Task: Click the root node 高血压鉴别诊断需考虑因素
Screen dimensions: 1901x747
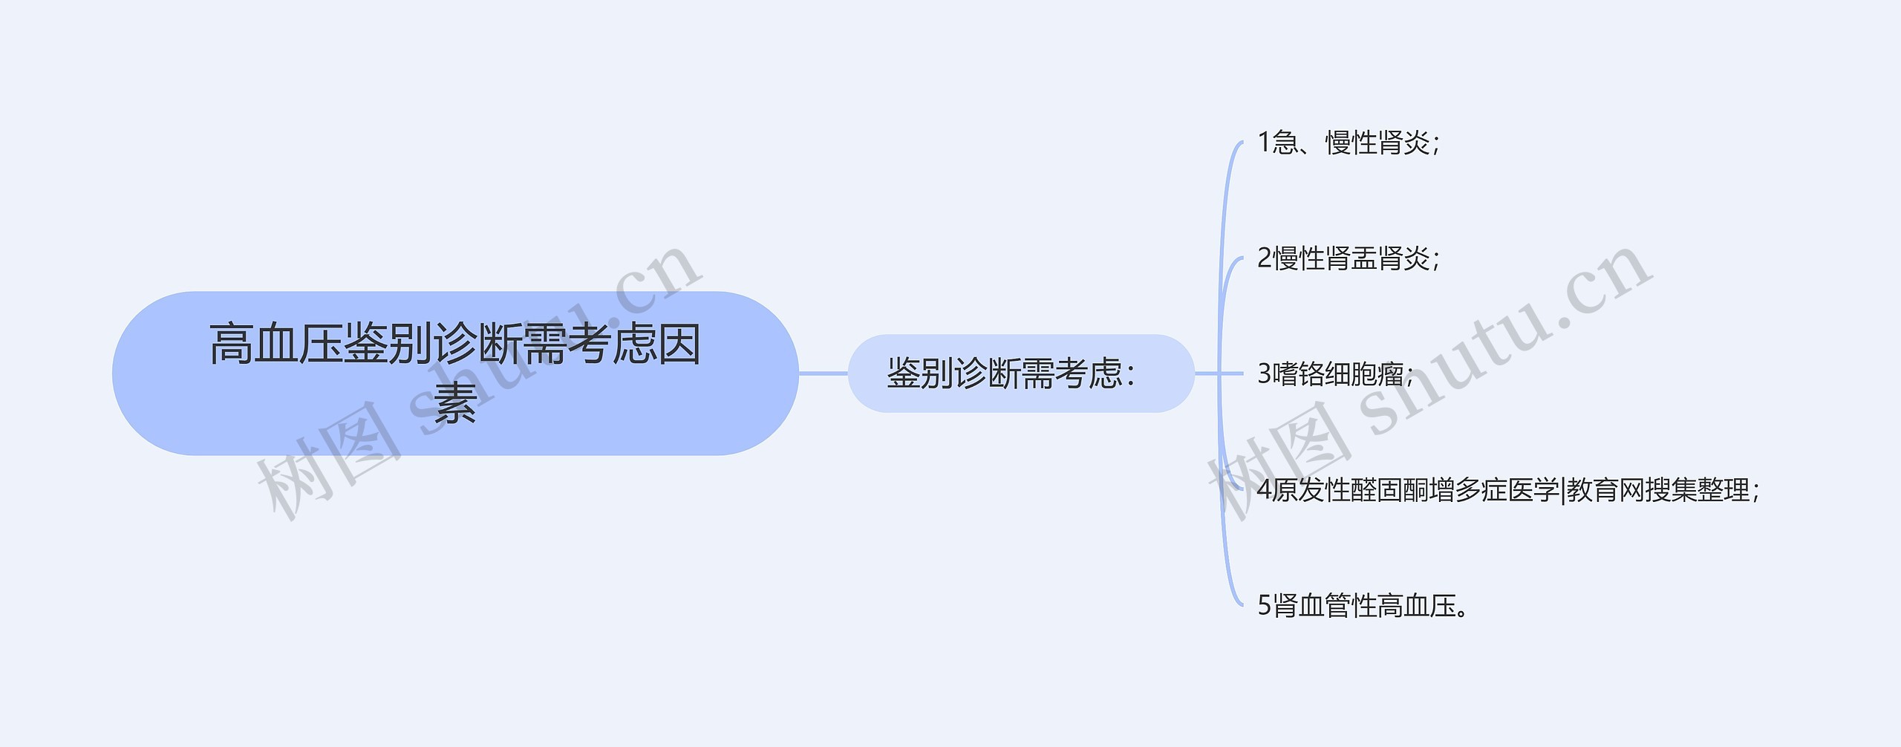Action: pyautogui.click(x=454, y=373)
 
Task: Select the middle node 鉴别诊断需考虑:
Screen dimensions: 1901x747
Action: pyautogui.click(x=1020, y=373)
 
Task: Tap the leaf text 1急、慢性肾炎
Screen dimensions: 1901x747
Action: pyautogui.click(x=1348, y=143)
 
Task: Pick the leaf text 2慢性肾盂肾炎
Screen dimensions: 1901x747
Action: pyautogui.click(x=1348, y=258)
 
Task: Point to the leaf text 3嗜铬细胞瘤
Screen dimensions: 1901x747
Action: pyautogui.click(x=1334, y=374)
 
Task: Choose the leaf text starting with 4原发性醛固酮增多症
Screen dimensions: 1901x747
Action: pyautogui.click(x=1507, y=490)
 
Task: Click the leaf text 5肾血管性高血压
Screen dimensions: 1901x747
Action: pyautogui.click(x=1363, y=606)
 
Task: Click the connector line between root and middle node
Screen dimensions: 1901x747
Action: pyautogui.click(x=823, y=373)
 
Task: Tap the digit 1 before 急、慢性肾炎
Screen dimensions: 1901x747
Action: pyautogui.click(x=1264, y=143)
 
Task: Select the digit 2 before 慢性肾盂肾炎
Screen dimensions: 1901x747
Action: pyautogui.click(x=1265, y=258)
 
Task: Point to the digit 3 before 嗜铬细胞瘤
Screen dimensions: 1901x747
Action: pyautogui.click(x=1265, y=374)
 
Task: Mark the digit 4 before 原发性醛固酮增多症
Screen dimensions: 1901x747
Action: pyautogui.click(x=1265, y=490)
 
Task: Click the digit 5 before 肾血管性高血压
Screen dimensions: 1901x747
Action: pyautogui.click(x=1265, y=606)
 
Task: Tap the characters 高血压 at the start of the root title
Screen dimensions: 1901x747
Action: pyautogui.click(x=275, y=344)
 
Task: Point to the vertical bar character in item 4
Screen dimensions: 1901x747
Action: pyautogui.click(x=1563, y=490)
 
